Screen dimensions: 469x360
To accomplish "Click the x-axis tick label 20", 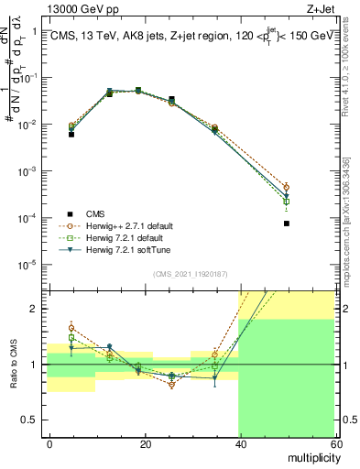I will [145, 442].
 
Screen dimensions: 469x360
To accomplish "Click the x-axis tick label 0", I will [50, 442].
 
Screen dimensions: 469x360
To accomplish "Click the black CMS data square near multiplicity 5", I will [71, 135].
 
